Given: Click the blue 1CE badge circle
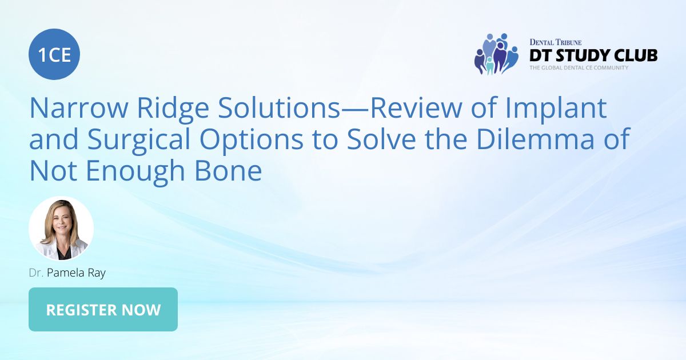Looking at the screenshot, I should (x=54, y=54).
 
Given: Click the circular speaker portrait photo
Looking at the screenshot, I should (x=61, y=229).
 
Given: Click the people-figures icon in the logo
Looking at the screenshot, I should (x=495, y=54).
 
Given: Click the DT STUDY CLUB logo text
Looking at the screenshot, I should (x=593, y=55).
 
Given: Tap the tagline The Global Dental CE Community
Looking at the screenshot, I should (x=579, y=68).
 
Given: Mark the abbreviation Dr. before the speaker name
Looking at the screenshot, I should (x=36, y=273).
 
